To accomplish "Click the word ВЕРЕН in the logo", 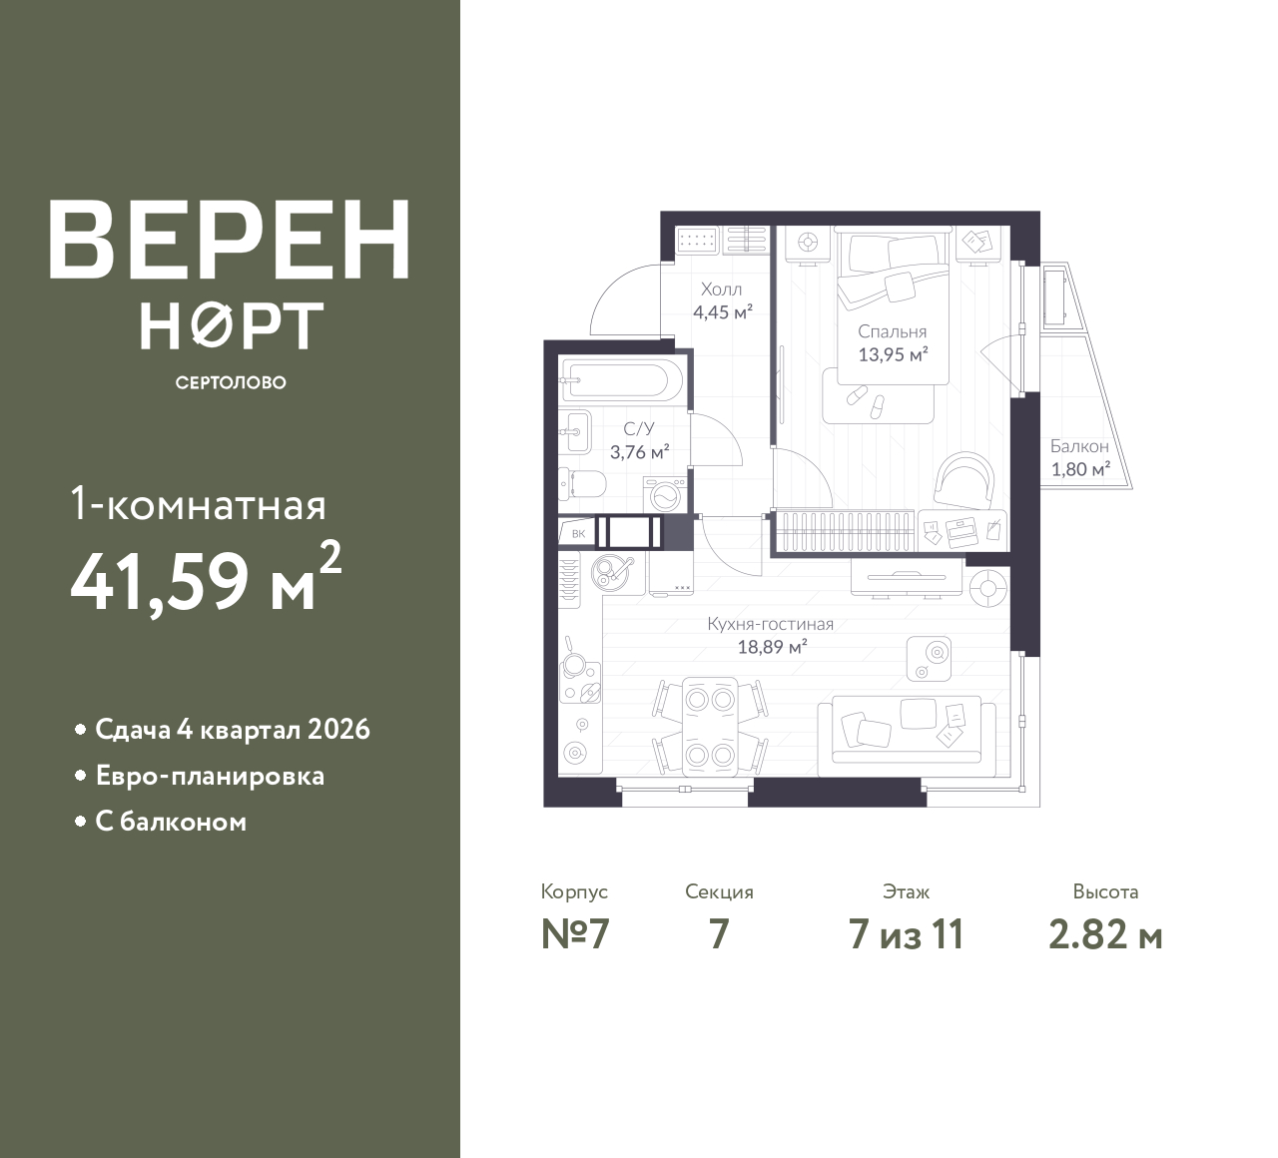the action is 230,241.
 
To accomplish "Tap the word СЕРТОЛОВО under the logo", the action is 231,382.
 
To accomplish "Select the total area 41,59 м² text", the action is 206,580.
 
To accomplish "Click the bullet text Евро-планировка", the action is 210,777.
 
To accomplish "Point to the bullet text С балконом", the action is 171,822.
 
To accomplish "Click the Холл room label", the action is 721,289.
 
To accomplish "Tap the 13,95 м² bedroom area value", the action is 893,354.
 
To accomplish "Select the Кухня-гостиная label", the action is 770,624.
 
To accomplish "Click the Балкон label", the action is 1079,446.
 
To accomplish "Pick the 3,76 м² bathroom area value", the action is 640,452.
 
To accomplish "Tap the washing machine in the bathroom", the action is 665,494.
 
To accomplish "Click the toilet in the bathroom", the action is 582,485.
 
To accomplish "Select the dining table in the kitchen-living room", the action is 710,727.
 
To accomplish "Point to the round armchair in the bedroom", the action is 963,479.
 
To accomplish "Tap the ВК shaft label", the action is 578,534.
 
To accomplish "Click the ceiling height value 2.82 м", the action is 1105,936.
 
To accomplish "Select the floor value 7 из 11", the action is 906,935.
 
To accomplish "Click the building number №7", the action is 575,935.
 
